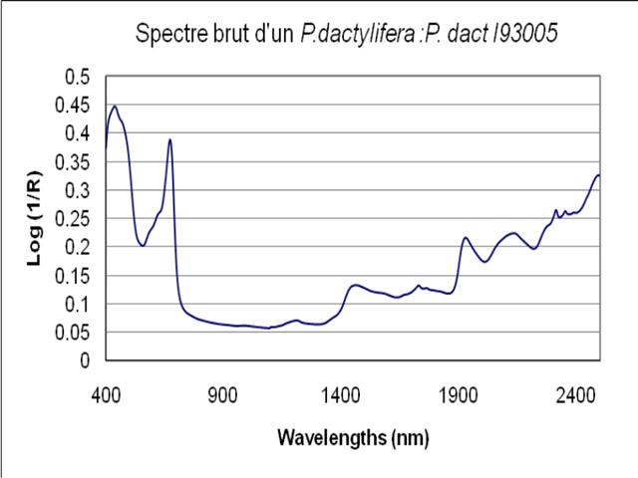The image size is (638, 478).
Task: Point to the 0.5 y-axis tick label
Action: (x=78, y=77)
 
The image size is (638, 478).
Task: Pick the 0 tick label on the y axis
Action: (x=85, y=361)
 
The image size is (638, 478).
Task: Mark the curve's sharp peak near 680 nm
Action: (x=170, y=139)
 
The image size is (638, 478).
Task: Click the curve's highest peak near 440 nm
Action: (x=115, y=107)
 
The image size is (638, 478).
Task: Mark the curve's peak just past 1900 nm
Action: (x=465, y=237)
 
